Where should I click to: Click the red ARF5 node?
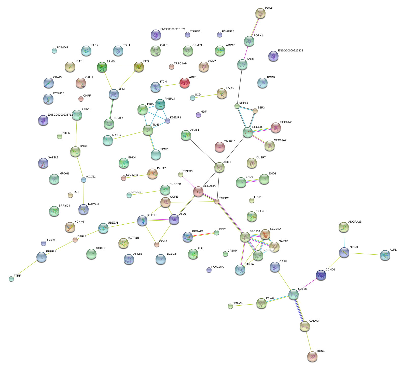pyautogui.click(x=185, y=83)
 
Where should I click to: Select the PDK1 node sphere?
pyautogui.click(x=260, y=13)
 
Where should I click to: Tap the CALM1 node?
pyautogui.click(x=294, y=294)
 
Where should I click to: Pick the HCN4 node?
pyautogui.click(x=312, y=356)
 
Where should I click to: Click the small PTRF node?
pyautogui.click(x=11, y=279)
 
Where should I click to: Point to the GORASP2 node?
pyautogui.click(x=198, y=192)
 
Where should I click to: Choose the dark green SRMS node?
pyautogui.click(x=102, y=67)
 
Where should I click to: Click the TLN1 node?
pyautogui.click(x=148, y=130)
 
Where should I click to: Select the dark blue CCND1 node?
pyautogui.click(x=321, y=275)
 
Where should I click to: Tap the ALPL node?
pyautogui.click(x=385, y=255)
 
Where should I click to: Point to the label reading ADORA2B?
pyautogui.click(x=355, y=222)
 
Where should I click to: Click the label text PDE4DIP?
pyautogui.click(x=62, y=48)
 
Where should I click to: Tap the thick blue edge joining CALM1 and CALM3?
pyautogui.click(x=299, y=310)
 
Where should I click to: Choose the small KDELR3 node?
pyautogui.click(x=168, y=121)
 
